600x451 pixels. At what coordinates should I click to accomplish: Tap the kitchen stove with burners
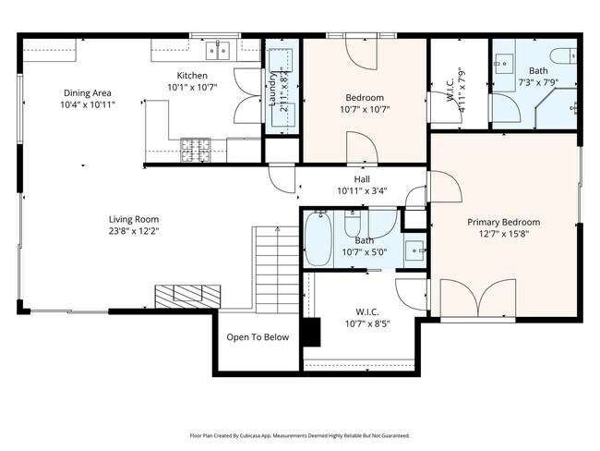pos(194,145)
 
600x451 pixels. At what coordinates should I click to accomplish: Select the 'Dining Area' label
pos(89,92)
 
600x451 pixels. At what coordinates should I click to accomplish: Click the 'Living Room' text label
pos(135,220)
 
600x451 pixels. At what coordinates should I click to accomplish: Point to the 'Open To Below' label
pos(258,337)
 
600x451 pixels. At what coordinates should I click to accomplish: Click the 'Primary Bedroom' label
pos(503,222)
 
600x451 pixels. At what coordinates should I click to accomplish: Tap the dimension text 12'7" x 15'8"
pos(503,235)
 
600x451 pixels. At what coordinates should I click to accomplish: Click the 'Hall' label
pos(362,179)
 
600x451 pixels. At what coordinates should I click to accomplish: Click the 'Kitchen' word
pos(192,76)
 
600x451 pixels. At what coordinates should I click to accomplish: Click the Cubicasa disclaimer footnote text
pos(300,434)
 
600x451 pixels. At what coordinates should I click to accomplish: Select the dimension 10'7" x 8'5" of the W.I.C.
pos(368,323)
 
